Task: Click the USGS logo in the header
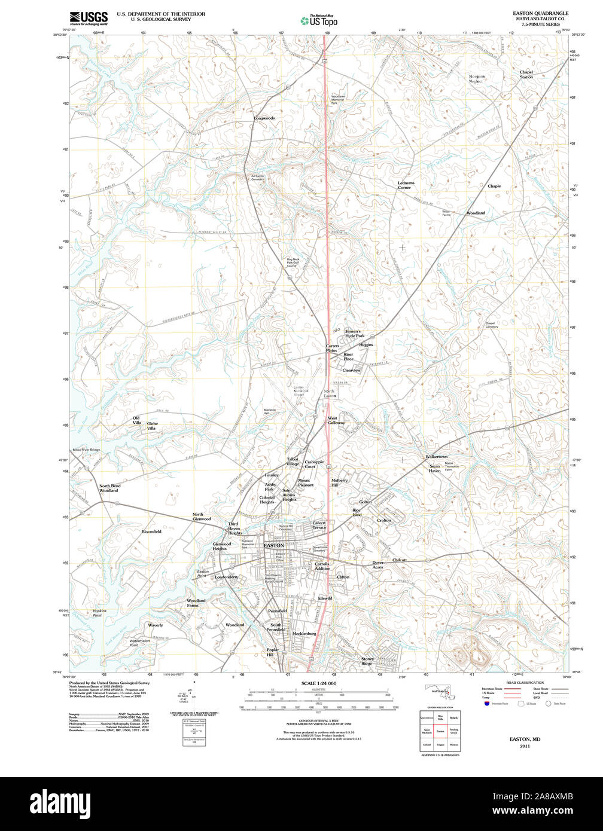coord(89,17)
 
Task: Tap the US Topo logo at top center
coord(319,20)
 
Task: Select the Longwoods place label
coord(264,118)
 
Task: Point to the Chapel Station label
coord(526,75)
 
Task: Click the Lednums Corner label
coord(405,185)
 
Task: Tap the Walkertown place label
coord(436,457)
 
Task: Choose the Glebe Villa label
coord(151,426)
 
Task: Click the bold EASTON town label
coord(274,546)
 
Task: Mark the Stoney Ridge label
coord(367,661)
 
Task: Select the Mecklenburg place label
coord(304,634)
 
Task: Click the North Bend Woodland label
coord(109,488)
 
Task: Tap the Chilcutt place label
coord(399,560)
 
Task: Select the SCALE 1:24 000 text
coord(318,683)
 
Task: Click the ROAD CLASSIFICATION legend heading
coord(525,683)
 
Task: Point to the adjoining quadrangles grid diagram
coord(440,731)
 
